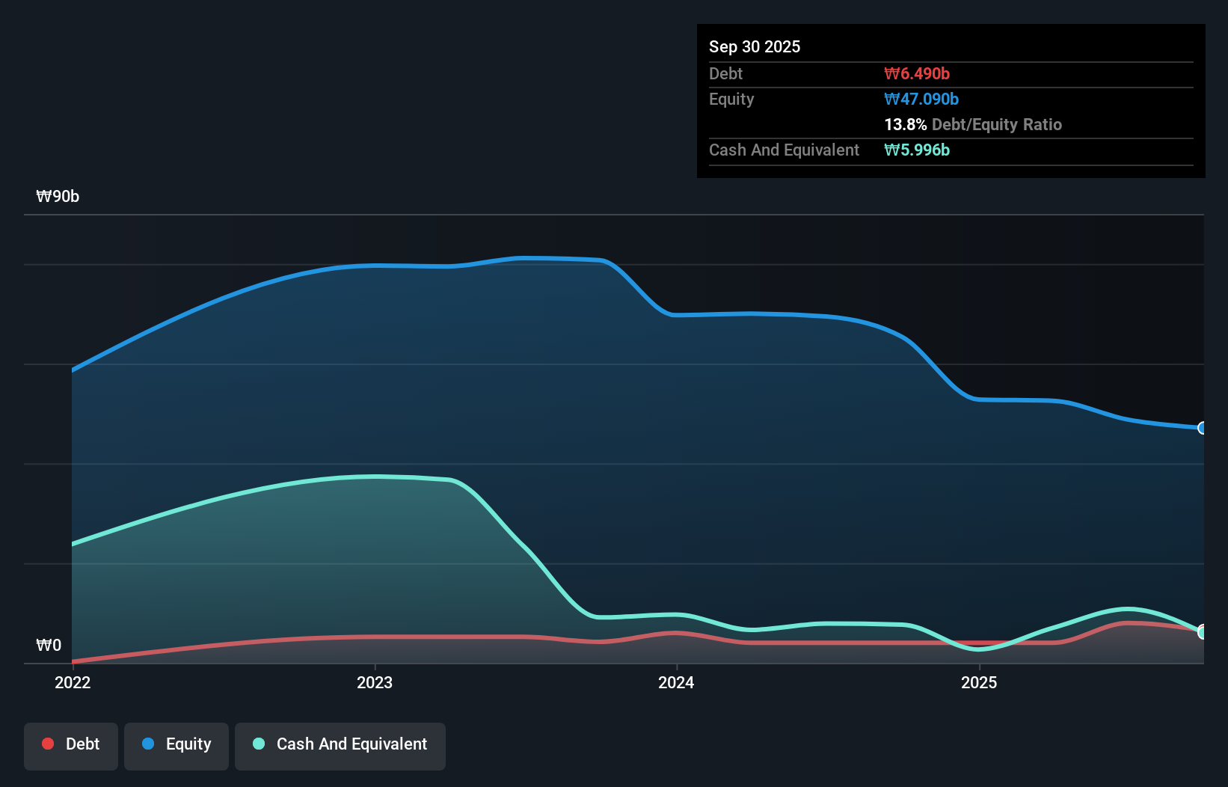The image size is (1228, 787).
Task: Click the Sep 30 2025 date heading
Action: coord(754,46)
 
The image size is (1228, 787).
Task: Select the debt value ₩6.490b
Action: coord(916,73)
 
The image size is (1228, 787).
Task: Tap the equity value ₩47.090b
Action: coord(921,99)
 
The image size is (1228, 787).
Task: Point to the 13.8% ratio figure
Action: coord(905,124)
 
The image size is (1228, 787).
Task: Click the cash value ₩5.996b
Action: coord(916,150)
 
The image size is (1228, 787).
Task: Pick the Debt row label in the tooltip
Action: coord(725,73)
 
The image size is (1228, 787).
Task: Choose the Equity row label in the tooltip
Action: coord(731,99)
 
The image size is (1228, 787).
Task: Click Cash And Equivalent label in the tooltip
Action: coord(784,150)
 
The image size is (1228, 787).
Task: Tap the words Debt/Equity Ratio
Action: coord(996,124)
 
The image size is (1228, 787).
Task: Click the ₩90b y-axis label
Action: coord(58,196)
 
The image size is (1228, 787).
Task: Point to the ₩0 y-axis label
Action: coord(49,645)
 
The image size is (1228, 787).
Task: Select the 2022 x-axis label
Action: coord(73,682)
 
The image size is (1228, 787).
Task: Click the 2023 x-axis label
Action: coord(375,682)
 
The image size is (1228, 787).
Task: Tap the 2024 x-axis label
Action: coord(676,682)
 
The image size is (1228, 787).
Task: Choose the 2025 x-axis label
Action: coord(978,682)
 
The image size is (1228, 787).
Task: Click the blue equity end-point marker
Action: coord(1202,428)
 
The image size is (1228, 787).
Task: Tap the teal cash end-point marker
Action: coord(1202,632)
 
